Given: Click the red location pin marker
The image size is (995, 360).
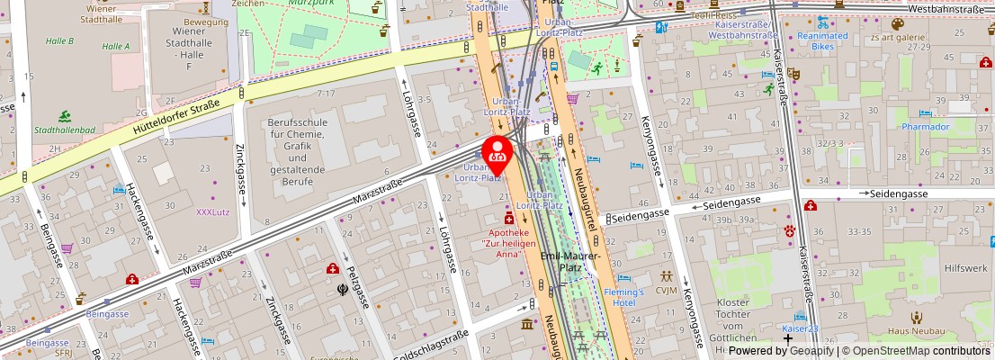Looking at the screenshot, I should click(497, 154).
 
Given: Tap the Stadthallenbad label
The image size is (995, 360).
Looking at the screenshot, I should click(65, 130).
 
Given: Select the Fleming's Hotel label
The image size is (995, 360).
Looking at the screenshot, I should click(623, 297).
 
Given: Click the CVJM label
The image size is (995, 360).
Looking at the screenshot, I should click(667, 290).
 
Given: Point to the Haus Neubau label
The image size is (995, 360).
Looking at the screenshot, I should click(916, 330).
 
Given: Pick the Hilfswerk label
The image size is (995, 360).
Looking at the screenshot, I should click(966, 268).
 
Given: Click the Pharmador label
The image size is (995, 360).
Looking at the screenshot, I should click(926, 127).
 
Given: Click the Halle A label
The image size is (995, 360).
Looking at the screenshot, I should click(115, 46).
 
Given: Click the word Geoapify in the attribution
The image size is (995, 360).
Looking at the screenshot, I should click(810, 351).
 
